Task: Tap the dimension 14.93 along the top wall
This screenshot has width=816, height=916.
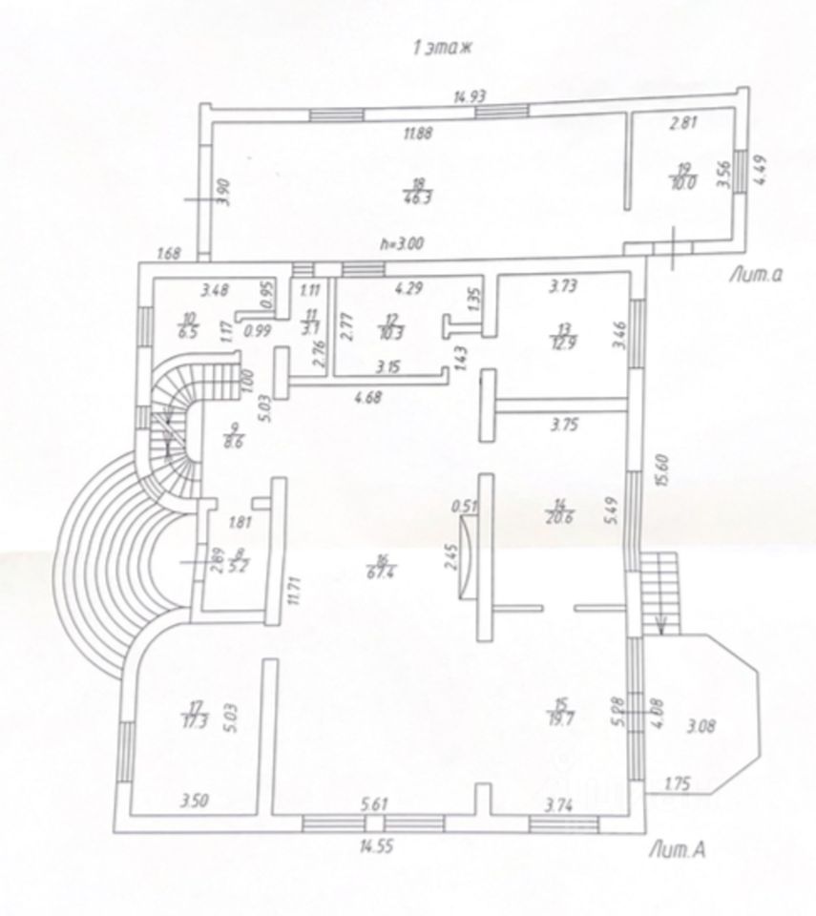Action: click(x=471, y=94)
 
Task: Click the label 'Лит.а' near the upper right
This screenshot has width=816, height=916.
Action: click(x=754, y=276)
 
